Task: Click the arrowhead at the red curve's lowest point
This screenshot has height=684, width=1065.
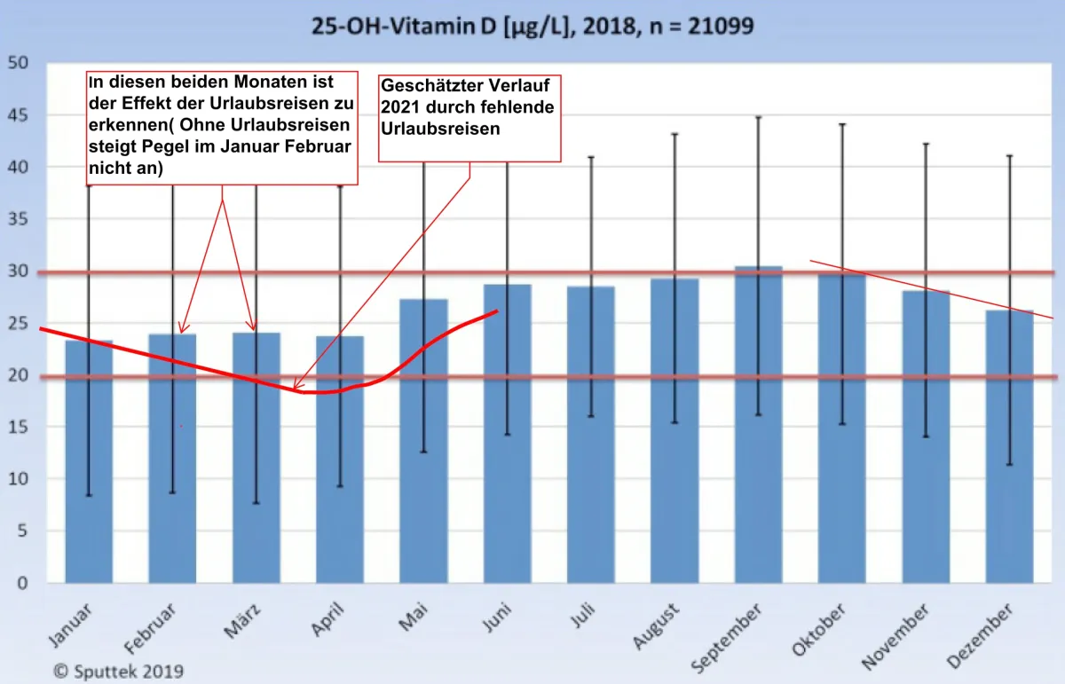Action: click(x=296, y=386)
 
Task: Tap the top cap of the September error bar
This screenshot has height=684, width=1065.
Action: click(x=758, y=117)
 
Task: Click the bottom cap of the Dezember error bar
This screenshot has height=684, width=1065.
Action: click(x=1009, y=465)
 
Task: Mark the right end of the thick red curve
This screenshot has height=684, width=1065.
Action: click(x=498, y=311)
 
